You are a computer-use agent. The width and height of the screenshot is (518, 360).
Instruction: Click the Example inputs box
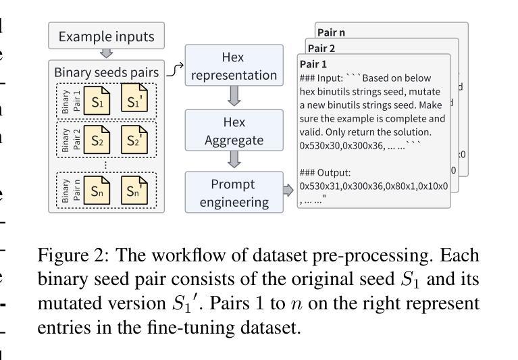click(x=106, y=36)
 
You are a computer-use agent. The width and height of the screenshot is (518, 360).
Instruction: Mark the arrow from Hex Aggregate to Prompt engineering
click(x=233, y=159)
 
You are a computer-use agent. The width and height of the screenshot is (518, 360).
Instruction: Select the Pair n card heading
click(x=333, y=32)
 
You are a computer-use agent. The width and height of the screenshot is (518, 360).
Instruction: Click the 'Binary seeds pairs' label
click(x=106, y=72)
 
